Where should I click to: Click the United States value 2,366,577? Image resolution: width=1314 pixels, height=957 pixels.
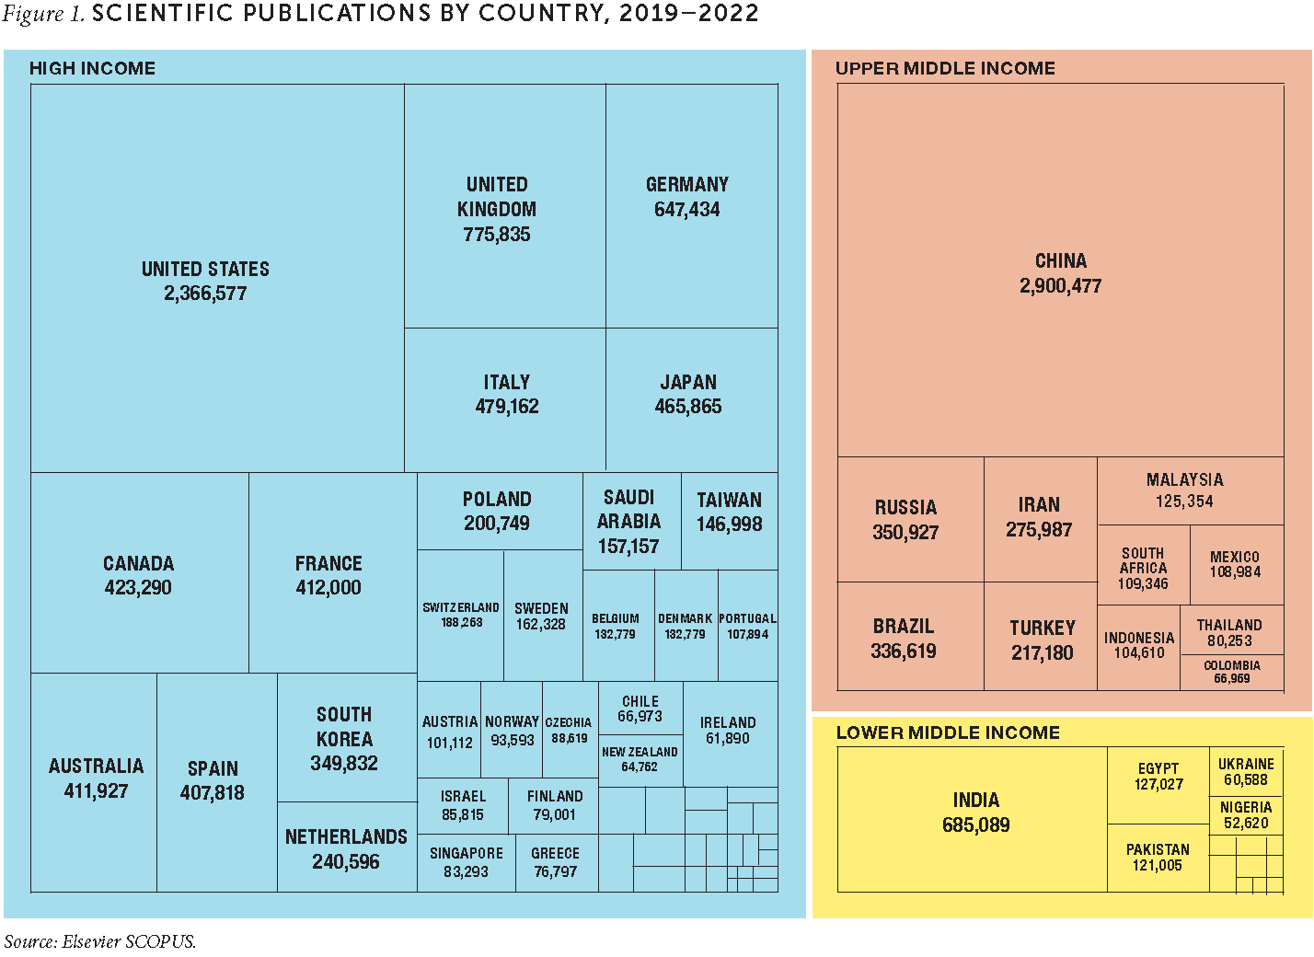[x=205, y=294]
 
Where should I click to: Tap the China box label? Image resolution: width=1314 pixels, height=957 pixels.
[x=1060, y=261]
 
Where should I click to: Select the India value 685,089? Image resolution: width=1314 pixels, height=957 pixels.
[x=975, y=825]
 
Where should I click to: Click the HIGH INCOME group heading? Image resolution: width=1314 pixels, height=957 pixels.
[x=92, y=68]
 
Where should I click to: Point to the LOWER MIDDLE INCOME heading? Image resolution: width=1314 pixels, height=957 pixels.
[x=948, y=732]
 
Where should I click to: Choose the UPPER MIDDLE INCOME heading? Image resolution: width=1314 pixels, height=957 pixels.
[x=945, y=68]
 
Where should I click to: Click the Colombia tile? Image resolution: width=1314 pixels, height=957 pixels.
[x=1231, y=673]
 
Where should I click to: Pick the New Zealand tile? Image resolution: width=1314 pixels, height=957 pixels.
[x=640, y=759]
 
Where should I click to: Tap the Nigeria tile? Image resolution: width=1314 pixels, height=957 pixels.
[x=1246, y=814]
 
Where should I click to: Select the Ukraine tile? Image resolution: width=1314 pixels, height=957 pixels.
[x=1246, y=771]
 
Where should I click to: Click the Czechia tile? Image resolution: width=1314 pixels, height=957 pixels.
[x=570, y=730]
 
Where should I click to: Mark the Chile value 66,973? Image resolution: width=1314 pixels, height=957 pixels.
[x=640, y=717]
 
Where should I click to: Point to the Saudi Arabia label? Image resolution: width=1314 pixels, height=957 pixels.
[x=628, y=509]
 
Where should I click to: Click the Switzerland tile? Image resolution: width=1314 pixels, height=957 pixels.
[x=460, y=615]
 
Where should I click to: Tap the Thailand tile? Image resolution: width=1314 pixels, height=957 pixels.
[x=1230, y=631]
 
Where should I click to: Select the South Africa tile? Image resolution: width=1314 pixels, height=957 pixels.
[x=1143, y=568]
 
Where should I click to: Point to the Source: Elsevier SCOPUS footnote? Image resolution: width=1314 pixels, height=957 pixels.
[x=99, y=941]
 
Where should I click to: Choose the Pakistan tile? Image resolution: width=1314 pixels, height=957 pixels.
[x=1157, y=857]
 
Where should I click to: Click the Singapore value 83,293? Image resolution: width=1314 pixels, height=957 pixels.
[x=466, y=871]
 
